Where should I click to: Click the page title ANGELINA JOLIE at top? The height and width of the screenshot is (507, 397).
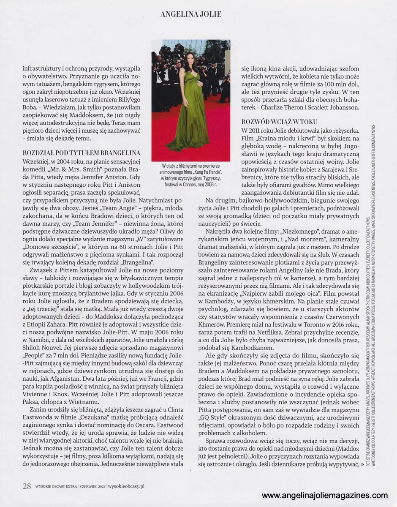[x=191, y=14]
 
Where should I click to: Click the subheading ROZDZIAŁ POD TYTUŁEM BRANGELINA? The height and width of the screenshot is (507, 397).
[x=81, y=153]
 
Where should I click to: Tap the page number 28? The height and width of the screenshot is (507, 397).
[x=27, y=486]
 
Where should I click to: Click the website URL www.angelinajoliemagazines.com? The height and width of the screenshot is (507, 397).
[x=325, y=495]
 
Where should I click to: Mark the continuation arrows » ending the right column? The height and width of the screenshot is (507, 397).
[x=362, y=464]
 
